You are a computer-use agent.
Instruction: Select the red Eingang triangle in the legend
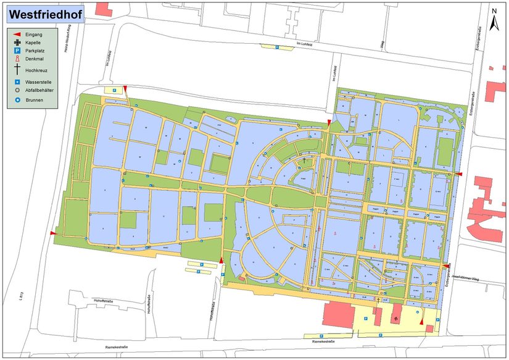click(x=18, y=35)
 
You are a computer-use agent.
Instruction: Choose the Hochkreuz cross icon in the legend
click(x=18, y=70)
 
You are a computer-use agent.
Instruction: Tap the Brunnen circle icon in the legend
click(x=18, y=99)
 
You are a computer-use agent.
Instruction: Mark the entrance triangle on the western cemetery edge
click(x=52, y=233)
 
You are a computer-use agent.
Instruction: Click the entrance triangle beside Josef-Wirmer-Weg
click(x=445, y=266)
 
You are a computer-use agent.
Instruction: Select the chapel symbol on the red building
click(x=395, y=319)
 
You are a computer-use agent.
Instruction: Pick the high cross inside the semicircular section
click(x=304, y=161)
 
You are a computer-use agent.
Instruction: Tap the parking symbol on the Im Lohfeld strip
click(x=278, y=46)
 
